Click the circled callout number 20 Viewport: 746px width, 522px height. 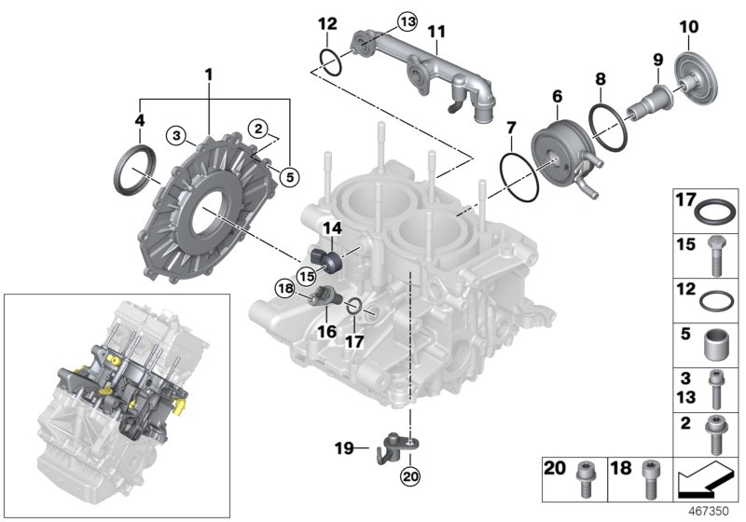tap(409, 476)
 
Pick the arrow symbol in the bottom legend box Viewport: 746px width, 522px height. tap(705, 479)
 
